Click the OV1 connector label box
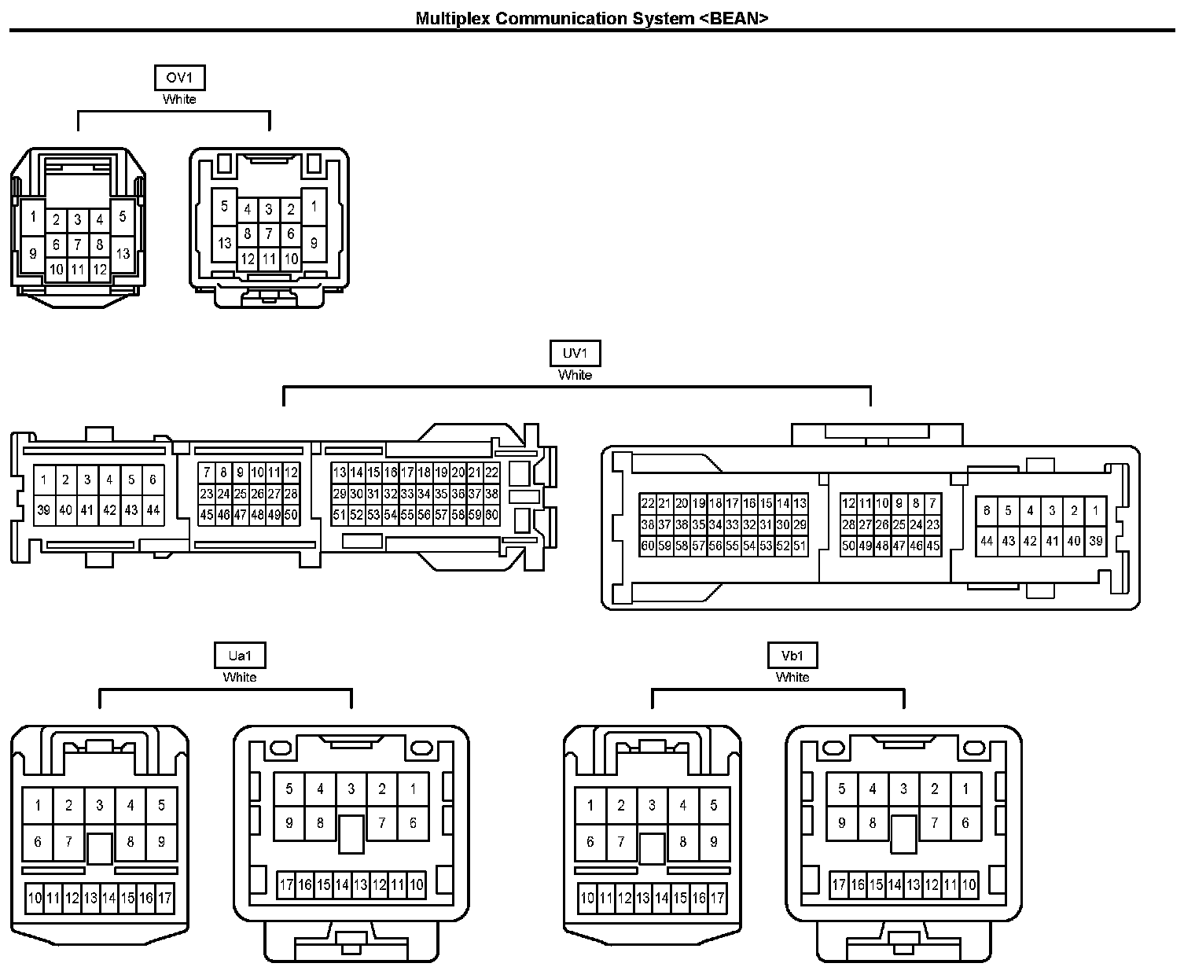179,78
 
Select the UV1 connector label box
575,354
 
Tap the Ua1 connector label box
240,656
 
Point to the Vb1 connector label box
792,656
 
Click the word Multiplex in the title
452,18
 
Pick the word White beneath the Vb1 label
792,677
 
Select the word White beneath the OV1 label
179,99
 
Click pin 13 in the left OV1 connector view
123,253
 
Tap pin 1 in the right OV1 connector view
314,207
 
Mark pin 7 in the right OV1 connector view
269,233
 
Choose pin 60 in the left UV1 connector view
491,516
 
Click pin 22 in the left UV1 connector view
491,472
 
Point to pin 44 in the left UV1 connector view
153,510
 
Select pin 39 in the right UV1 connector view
1096,541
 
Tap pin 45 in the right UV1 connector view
933,546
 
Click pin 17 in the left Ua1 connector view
164,898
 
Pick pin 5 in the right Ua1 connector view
289,789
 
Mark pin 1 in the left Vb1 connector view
590,805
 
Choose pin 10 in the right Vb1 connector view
969,884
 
